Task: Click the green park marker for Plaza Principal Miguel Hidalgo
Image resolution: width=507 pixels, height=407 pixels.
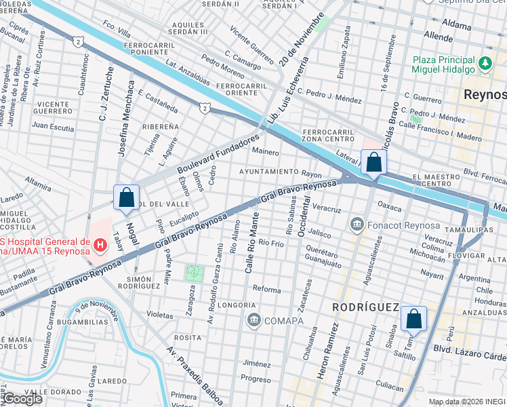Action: point(485,64)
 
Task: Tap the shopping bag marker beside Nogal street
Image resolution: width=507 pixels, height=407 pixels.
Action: point(127,198)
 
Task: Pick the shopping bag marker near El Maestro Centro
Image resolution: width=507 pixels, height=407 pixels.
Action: point(373,163)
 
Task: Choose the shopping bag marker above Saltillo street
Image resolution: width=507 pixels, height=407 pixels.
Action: point(413,318)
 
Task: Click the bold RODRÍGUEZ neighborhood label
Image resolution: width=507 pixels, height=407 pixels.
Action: point(365,307)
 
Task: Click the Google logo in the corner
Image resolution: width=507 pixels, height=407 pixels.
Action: point(22,399)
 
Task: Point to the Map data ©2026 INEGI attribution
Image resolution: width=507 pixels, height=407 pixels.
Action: point(466,402)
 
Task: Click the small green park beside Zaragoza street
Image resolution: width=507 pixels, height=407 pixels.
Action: point(195,273)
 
